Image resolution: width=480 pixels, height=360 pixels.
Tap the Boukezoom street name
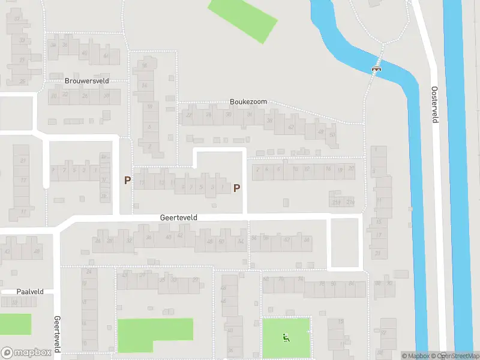pyautogui.click(x=248, y=102)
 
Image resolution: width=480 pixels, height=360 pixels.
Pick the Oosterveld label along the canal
pyautogui.click(x=434, y=104)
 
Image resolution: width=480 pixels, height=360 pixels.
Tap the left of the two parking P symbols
pyautogui.click(x=127, y=180)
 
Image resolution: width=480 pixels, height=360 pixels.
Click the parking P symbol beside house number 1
pyautogui.click(x=236, y=188)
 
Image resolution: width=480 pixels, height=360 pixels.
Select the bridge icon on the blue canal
pyautogui.click(x=377, y=69)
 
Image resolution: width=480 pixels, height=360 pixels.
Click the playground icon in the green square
pyautogui.click(x=286, y=337)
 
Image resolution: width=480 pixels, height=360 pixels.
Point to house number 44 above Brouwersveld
pyautogui.click(x=106, y=55)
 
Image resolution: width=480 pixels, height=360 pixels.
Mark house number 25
pyautogui.click(x=23, y=82)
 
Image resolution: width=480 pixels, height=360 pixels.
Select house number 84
pyautogui.click(x=254, y=239)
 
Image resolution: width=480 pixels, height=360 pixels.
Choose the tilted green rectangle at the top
pyautogui.click(x=242, y=20)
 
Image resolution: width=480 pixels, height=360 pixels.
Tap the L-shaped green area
pyautogui.click(x=154, y=334)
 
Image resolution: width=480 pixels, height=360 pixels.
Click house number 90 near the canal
pyautogui.click(x=390, y=283)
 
